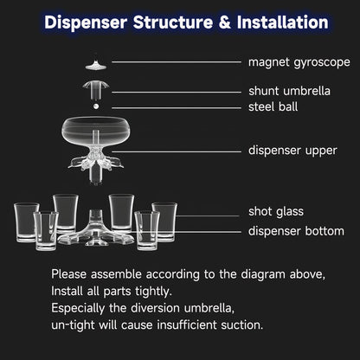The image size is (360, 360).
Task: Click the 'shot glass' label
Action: [276, 211]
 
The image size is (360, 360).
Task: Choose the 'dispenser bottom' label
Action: [298, 230]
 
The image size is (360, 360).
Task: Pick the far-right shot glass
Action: [164, 221]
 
